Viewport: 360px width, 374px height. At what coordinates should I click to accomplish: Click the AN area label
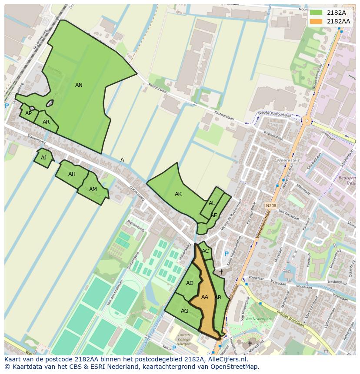tap(79, 85)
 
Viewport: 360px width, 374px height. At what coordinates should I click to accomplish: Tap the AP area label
tap(28, 113)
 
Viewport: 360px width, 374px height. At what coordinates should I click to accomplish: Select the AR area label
tap(46, 122)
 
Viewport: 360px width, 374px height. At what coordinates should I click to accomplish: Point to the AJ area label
tap(43, 158)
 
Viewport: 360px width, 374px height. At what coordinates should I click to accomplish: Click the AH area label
tap(72, 174)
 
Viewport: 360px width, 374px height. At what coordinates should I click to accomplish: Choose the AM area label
tap(93, 189)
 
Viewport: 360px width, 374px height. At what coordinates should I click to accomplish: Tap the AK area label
tap(178, 194)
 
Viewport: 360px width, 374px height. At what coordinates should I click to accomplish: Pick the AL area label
tap(212, 203)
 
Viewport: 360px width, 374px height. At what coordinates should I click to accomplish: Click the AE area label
tap(214, 215)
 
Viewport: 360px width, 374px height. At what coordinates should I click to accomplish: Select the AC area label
tap(205, 251)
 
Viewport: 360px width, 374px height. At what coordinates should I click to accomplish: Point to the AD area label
tap(190, 283)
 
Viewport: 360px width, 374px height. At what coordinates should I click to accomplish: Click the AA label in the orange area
tap(205, 297)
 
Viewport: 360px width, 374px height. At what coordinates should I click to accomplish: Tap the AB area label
tap(218, 298)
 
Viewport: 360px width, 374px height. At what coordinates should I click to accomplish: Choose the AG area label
tap(184, 311)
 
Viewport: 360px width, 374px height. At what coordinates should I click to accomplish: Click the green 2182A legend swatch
tap(316, 13)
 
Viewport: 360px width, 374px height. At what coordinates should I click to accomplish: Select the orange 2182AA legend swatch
tap(316, 21)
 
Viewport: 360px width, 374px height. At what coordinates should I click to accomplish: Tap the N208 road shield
tap(271, 205)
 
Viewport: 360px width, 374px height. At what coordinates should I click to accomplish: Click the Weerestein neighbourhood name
tap(289, 160)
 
